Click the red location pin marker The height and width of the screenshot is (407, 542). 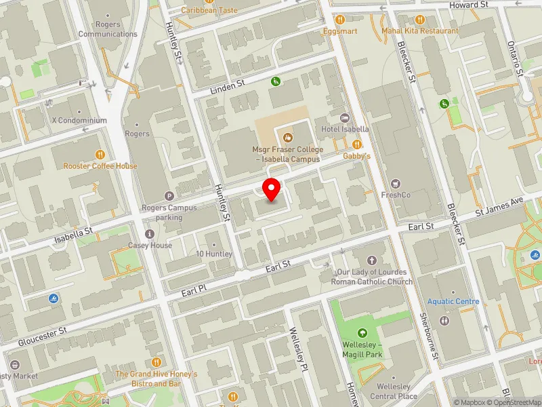pos(272,189)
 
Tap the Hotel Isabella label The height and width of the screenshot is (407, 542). pos(345,129)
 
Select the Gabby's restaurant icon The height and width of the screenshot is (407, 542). pos(357,144)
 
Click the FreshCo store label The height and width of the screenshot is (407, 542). pos(397,195)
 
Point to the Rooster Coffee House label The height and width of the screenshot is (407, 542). pos(100,166)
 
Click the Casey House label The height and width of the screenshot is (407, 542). pos(150,246)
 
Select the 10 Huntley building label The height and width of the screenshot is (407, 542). pos(214,254)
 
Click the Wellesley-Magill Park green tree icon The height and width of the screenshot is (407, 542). pos(362,333)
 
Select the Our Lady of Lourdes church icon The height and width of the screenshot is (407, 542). pos(371,260)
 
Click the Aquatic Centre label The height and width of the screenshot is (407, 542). pos(453,301)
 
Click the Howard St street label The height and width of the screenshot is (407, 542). pos(470,5)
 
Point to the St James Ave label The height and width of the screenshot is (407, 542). pos(499,206)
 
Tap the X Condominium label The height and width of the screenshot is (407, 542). pos(79,120)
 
